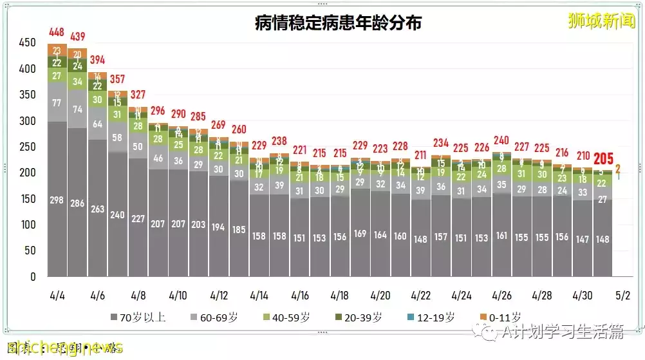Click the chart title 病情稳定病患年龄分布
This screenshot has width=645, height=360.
tap(338, 24)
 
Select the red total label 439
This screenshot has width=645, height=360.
tap(78, 37)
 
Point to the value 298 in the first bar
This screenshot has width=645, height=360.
tap(57, 200)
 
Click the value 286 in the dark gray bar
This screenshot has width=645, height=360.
tap(77, 204)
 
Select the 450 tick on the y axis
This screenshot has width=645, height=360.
tap(28, 43)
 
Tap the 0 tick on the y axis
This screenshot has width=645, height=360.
tap(33, 277)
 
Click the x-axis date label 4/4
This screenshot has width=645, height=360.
tap(57, 296)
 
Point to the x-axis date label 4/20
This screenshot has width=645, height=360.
tap(380, 296)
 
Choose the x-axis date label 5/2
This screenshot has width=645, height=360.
tap(622, 296)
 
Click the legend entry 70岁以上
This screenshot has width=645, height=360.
tap(138, 317)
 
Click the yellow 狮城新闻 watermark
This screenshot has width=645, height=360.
tap(601, 21)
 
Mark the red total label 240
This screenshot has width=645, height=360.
tap(501, 140)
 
